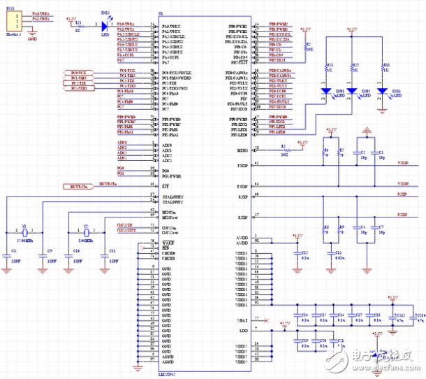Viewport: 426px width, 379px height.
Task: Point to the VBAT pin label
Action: click(x=242, y=318)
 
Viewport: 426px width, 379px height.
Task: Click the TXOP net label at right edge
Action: click(x=402, y=162)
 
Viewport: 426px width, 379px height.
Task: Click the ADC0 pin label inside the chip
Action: click(x=167, y=144)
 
